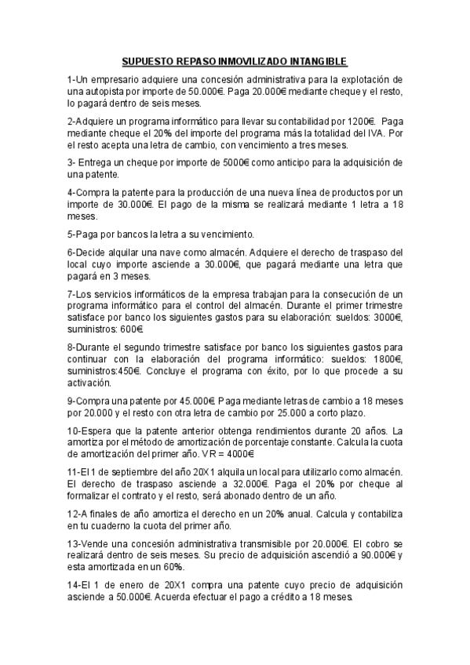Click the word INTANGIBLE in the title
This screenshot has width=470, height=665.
click(313, 61)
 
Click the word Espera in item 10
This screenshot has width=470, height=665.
click(100, 431)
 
